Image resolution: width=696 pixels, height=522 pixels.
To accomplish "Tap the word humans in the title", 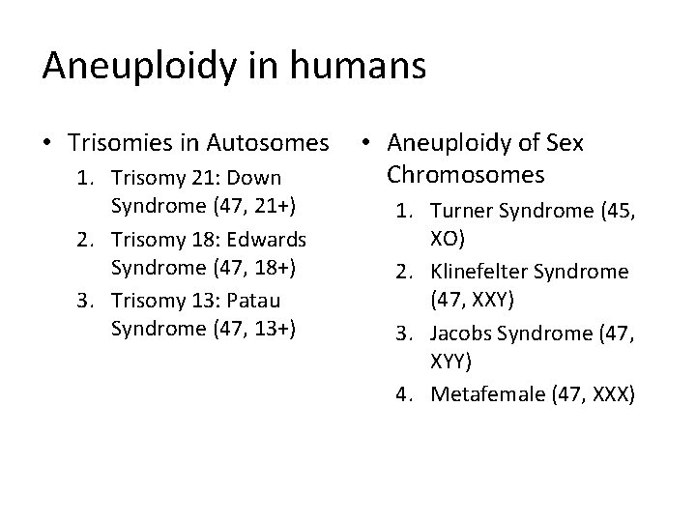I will [x=366, y=66].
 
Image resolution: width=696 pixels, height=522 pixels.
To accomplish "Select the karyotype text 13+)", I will [x=281, y=329].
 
